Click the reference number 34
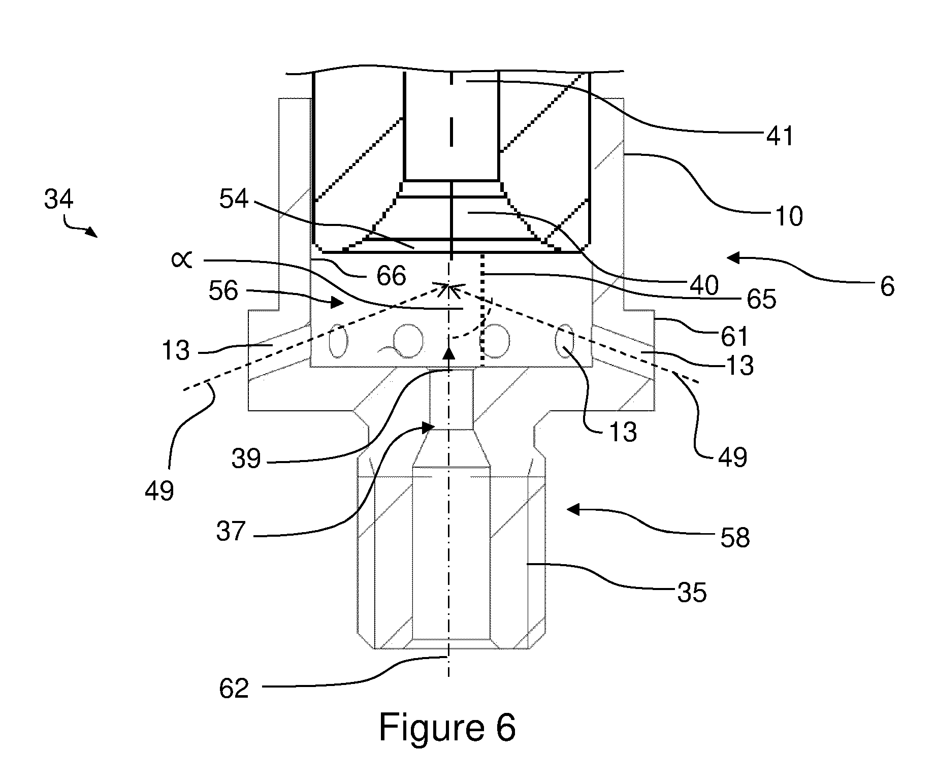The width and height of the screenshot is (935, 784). [59, 200]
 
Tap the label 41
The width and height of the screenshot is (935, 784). [780, 136]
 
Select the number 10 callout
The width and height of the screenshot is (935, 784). [789, 216]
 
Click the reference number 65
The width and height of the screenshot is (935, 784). [761, 299]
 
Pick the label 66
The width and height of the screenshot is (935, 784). [392, 276]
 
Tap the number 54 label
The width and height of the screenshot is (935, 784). [234, 199]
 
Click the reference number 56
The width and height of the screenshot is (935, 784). [223, 291]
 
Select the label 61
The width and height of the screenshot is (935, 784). [734, 336]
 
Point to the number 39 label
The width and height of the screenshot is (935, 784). [246, 459]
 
